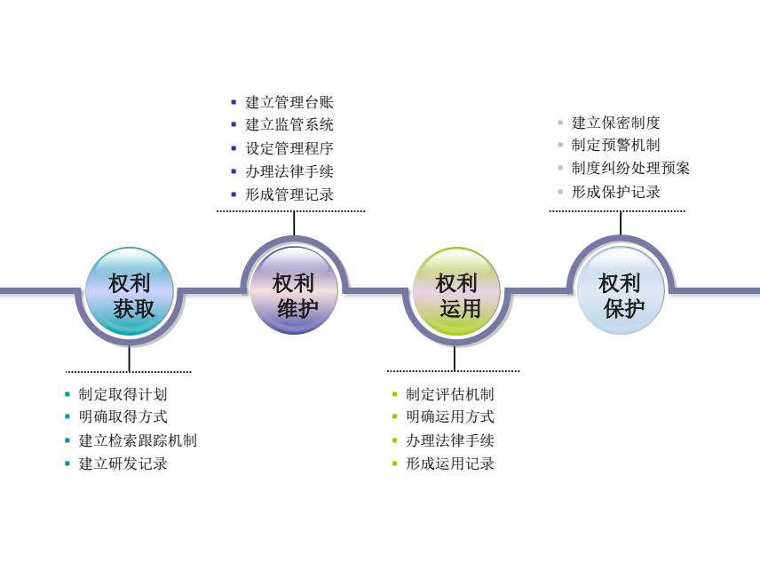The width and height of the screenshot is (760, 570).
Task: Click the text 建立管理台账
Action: (289, 102)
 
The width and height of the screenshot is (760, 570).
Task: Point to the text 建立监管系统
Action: (289, 125)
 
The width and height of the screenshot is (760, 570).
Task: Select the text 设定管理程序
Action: (289, 148)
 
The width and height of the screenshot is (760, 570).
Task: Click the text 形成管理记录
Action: (289, 194)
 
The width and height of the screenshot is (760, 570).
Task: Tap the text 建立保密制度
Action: (616, 123)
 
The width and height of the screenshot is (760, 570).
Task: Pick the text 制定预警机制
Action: (616, 145)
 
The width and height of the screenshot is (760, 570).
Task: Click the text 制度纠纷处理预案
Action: (630, 168)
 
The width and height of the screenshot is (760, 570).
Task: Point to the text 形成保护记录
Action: (616, 192)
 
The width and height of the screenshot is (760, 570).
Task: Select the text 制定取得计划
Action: (123, 394)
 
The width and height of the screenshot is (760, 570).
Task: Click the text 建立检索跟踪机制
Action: (138, 440)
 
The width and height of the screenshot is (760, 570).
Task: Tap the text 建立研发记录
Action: (123, 463)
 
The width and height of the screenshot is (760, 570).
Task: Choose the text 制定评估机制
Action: (450, 394)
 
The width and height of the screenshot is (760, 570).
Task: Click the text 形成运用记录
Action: (450, 463)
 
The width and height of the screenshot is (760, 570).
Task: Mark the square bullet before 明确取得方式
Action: (67, 417)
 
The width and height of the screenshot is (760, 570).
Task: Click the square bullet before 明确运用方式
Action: (395, 417)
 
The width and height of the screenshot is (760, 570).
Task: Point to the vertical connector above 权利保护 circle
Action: (621, 223)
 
